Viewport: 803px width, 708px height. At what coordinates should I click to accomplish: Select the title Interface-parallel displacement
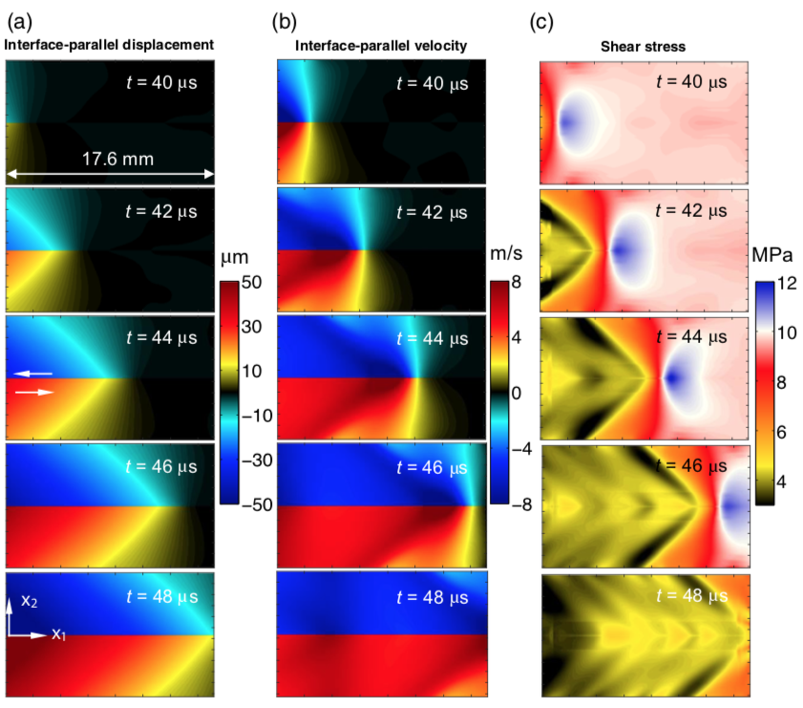[109, 44]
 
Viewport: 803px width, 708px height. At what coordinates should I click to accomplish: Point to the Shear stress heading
[644, 44]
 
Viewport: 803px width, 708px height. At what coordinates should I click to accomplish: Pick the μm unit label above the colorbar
[233, 260]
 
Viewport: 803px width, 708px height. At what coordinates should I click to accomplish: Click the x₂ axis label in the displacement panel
[27, 603]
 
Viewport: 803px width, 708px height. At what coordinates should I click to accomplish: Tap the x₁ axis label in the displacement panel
[59, 634]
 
